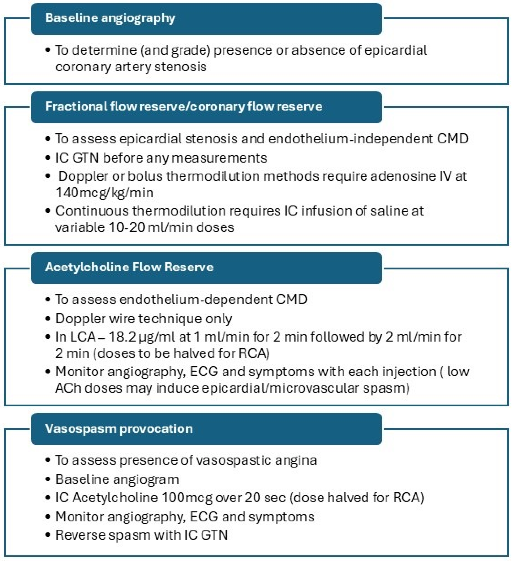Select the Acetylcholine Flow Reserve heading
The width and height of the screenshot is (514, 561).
pos(129,267)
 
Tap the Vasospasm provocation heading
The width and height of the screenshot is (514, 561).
pos(119,429)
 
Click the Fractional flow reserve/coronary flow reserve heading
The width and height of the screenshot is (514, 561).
pos(184,107)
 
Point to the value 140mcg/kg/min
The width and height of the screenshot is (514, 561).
pos(105,193)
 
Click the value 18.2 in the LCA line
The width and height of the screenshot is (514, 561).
pos(122,337)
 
